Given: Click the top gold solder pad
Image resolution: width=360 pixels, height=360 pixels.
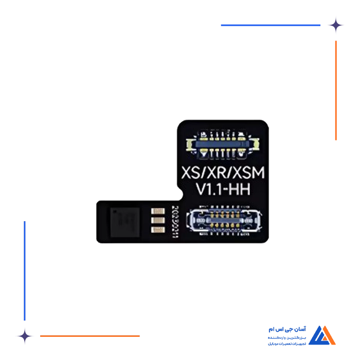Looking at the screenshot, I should [156, 211].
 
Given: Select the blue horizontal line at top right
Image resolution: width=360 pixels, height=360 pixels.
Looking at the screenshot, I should [269, 25].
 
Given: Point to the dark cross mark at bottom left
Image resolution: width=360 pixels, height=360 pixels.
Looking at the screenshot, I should [24, 336].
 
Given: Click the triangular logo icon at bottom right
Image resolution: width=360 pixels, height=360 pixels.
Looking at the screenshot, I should [325, 335].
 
